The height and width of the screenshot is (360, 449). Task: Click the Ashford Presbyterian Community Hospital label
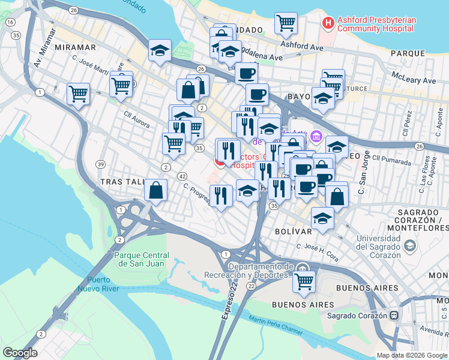[376, 23]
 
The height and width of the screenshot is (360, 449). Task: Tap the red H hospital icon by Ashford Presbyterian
[328, 23]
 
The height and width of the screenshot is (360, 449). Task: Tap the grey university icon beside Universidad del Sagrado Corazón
[409, 245]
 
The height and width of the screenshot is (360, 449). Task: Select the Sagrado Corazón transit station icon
[394, 315]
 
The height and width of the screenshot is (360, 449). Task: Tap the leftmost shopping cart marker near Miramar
[79, 93]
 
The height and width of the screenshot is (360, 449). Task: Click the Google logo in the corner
[20, 352]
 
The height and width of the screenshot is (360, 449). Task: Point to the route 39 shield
[101, 164]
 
